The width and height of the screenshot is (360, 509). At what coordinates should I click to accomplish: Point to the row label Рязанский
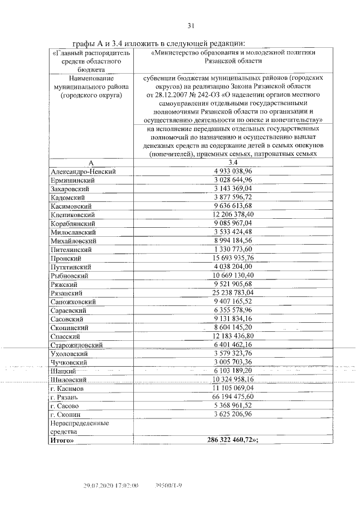(66, 293)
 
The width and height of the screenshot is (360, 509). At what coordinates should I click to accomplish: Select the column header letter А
(91, 162)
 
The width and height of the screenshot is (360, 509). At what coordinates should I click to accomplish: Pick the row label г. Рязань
(67, 397)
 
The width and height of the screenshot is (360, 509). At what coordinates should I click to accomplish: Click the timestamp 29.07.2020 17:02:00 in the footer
(111, 485)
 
